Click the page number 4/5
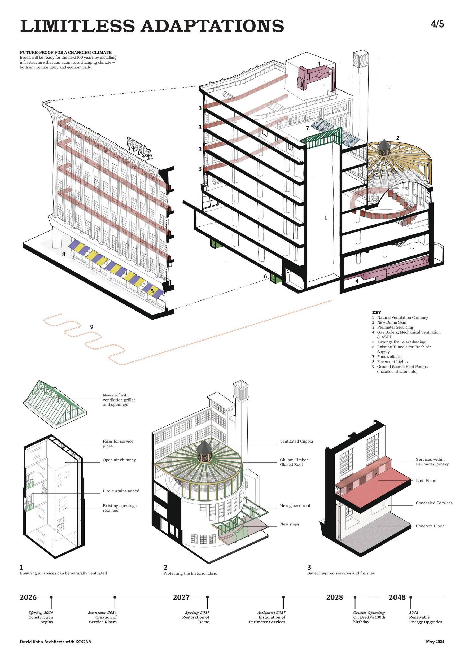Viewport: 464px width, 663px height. pos(437,24)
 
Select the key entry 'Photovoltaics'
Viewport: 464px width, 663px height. pos(389,357)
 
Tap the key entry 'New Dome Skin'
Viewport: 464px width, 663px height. pos(391,322)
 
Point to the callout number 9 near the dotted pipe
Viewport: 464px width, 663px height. pos(92,327)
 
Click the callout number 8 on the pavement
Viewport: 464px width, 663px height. pos(64,254)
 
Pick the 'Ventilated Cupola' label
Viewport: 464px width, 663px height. pos(296,441)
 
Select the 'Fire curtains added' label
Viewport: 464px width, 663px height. pos(121,491)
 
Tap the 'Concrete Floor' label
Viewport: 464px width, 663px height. pos(430,526)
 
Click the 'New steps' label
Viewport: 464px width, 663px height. pos(289,524)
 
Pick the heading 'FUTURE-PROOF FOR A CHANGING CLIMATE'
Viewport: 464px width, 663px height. pos(65,53)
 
